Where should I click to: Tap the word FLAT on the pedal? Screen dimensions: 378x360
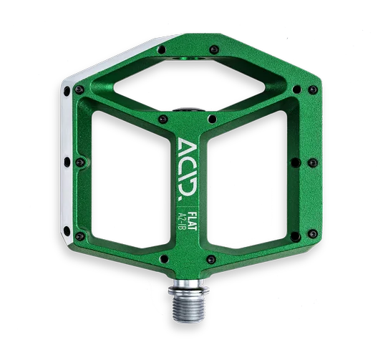pos(192,220)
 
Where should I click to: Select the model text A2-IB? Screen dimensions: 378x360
pos(182,221)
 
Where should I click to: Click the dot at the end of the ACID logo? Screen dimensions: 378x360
pos(180,199)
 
